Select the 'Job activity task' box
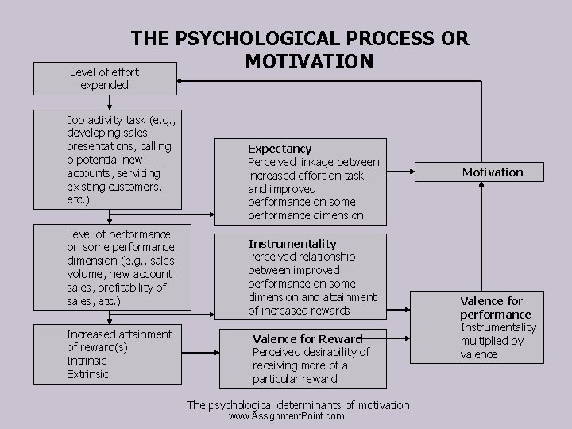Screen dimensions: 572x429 tap(126, 160)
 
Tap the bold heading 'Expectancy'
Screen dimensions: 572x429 tap(280, 149)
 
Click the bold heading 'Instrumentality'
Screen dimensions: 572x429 tap(292, 244)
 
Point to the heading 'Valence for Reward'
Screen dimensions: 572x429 tap(307, 338)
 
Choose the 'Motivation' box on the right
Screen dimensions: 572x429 tap(493, 172)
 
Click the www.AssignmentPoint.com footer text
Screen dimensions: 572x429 tap(286, 416)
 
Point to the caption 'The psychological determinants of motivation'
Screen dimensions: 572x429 tap(298, 405)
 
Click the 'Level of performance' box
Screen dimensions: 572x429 tap(126, 267)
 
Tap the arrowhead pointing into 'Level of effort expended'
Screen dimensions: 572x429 tap(179, 79)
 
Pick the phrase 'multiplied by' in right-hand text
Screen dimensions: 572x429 tap(492, 341)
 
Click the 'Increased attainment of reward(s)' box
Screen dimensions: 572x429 tap(126, 354)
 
